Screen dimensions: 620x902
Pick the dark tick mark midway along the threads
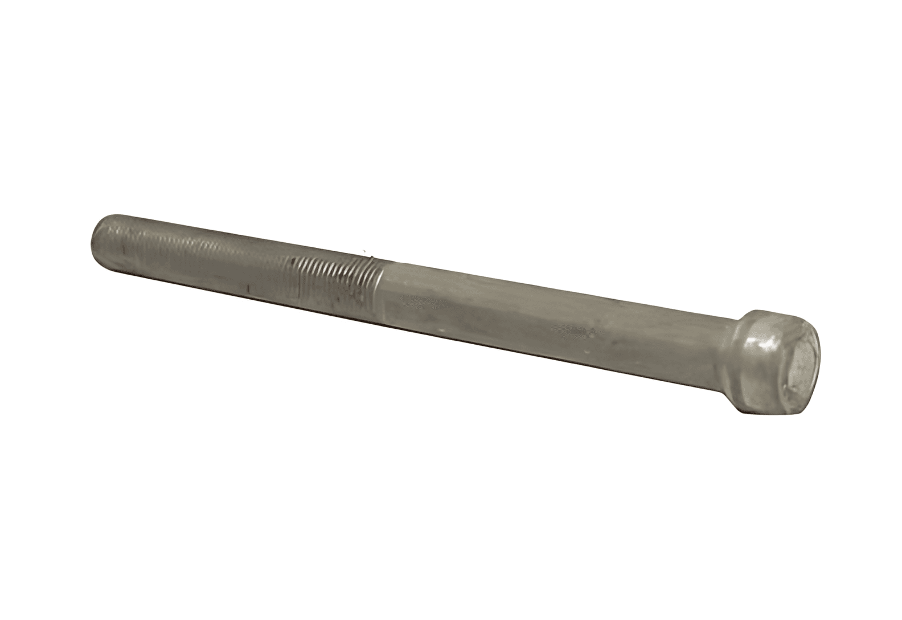248,288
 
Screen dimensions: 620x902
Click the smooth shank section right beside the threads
410,291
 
